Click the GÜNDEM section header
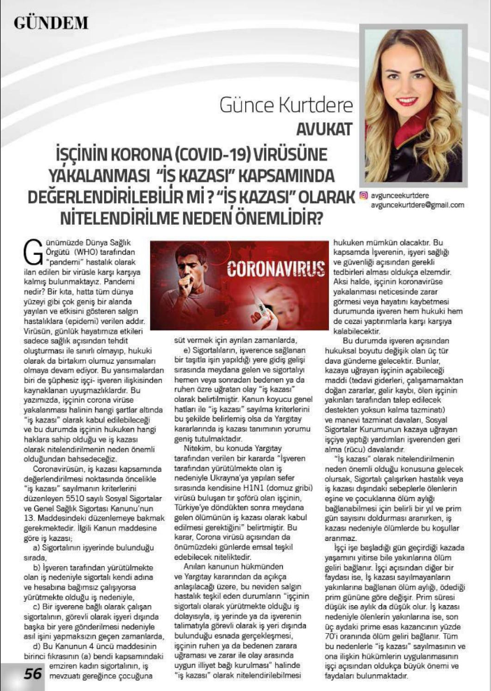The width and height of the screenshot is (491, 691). coord(51,22)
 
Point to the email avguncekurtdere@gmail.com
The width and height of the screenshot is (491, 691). coord(418,205)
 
